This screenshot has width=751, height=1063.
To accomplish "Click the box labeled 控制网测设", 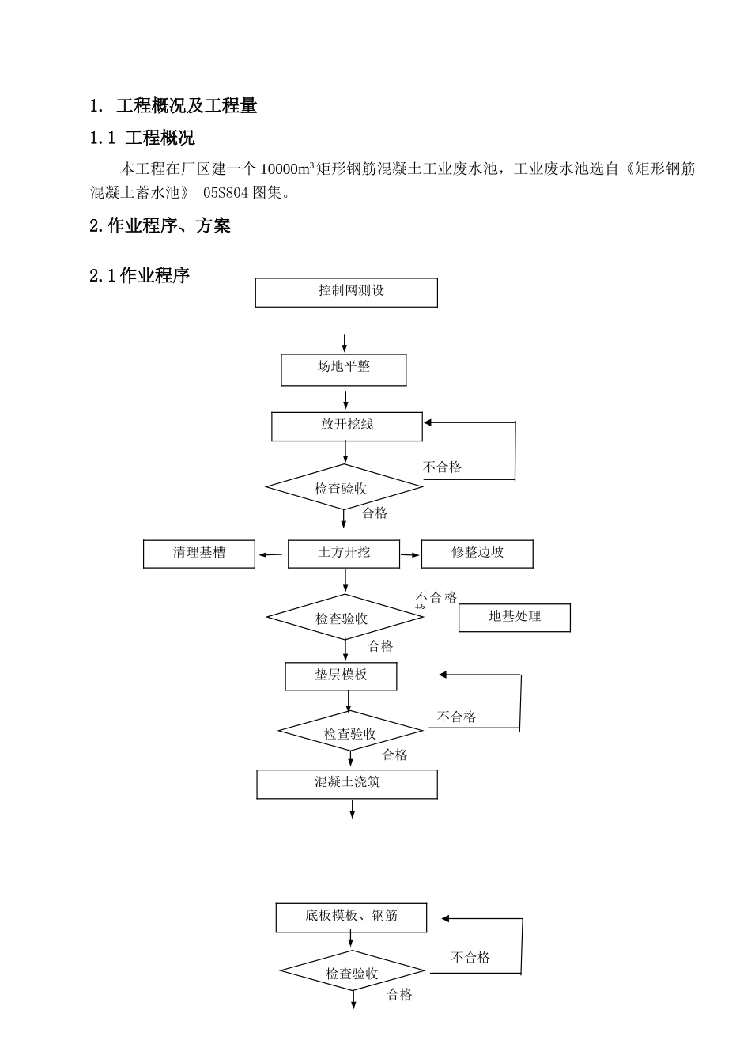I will (346, 292).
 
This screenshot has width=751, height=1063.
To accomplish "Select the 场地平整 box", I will (344, 369).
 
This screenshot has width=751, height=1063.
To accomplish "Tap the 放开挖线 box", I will (347, 426).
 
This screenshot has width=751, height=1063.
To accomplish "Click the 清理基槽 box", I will (199, 554).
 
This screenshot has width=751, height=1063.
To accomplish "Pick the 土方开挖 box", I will (344, 554).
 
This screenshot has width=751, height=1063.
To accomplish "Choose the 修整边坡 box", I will (477, 554).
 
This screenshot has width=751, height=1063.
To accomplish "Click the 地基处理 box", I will (515, 618).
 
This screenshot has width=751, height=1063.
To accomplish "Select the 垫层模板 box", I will (341, 675).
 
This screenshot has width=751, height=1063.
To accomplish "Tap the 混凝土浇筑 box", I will (347, 784).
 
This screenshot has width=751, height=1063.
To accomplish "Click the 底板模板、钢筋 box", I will (351, 917).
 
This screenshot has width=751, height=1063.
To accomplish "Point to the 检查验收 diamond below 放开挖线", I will (344, 488).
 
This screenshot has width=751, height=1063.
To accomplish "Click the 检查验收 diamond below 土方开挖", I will (345, 618).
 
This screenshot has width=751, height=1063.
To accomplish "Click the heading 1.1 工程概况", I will (142, 138).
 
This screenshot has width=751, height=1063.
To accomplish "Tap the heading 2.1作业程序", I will (140, 276).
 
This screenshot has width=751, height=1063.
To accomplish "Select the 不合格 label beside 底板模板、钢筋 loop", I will (470, 957).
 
